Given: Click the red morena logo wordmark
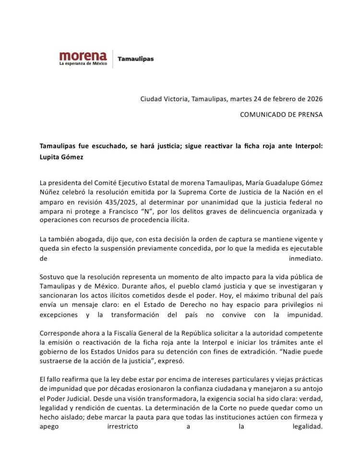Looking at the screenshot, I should [83, 55].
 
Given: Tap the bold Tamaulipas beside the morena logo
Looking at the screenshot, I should [135, 59].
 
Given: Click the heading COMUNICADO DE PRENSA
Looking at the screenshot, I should [281, 115].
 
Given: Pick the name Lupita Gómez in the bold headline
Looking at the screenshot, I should [58, 157].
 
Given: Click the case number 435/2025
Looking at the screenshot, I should [125, 202].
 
